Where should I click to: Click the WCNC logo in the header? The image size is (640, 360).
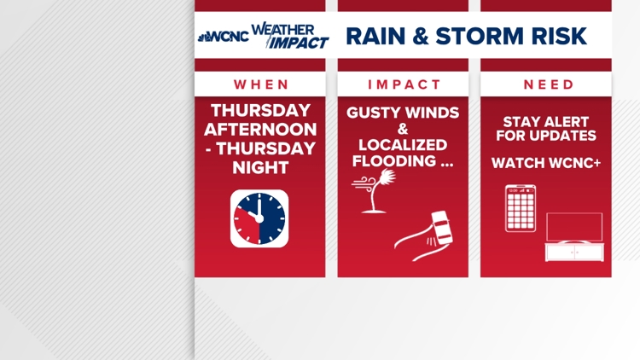coord(224,37)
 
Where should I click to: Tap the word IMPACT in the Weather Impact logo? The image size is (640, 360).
coord(299,43)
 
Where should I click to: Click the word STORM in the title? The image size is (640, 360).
coord(480,36)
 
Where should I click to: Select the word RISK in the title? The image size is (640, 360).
coord(559,36)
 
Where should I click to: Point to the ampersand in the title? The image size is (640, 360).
coord(421,36)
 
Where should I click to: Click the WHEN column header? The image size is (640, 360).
coord(261,84)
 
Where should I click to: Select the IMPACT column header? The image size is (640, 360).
coord(404,84)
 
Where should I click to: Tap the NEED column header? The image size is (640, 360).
coord(549,84)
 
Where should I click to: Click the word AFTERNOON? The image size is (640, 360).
coord(260,130)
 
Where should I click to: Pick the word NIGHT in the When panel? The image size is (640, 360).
coord(260,168)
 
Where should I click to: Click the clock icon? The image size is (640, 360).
coord(259,218)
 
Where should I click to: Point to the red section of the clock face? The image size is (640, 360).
coord(247,227)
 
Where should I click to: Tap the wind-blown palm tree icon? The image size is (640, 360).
coord(374,191)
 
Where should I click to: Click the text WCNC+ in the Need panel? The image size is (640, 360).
coord(574,163)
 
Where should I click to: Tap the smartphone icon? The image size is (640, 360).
coord(521,208)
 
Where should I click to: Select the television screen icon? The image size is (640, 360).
coord(574,227)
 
